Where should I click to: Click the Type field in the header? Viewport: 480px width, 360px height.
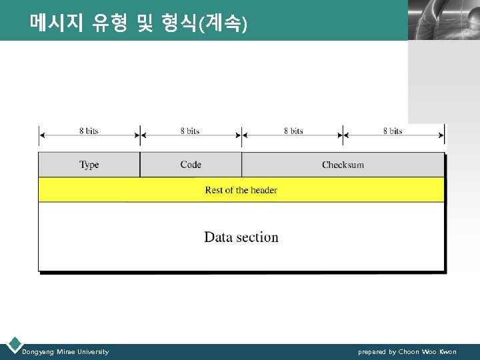pyautogui.click(x=89, y=165)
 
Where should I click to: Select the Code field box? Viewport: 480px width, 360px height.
pyautogui.click(x=191, y=165)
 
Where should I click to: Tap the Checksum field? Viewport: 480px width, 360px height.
pyautogui.click(x=343, y=165)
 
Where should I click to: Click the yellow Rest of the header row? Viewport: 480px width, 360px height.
pyautogui.click(x=241, y=190)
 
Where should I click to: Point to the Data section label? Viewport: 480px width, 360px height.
pyautogui.click(x=241, y=237)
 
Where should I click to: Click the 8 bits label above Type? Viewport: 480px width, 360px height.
pyautogui.click(x=89, y=131)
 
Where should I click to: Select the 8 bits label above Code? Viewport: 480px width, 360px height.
pyautogui.click(x=190, y=131)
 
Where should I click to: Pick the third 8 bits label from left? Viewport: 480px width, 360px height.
pyautogui.click(x=293, y=131)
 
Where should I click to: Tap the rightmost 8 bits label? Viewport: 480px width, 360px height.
pyautogui.click(x=393, y=131)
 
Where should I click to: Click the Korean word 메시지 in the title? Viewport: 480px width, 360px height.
pyautogui.click(x=56, y=25)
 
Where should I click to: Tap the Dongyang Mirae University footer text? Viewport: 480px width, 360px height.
pyautogui.click(x=65, y=351)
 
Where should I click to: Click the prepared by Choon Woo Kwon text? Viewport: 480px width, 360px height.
pyautogui.click(x=407, y=351)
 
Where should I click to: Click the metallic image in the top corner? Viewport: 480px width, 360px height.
pyautogui.click(x=443, y=20)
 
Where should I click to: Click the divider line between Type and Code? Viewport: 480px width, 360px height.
pyautogui.click(x=140, y=165)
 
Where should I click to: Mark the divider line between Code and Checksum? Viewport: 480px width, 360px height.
pyautogui.click(x=241, y=165)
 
